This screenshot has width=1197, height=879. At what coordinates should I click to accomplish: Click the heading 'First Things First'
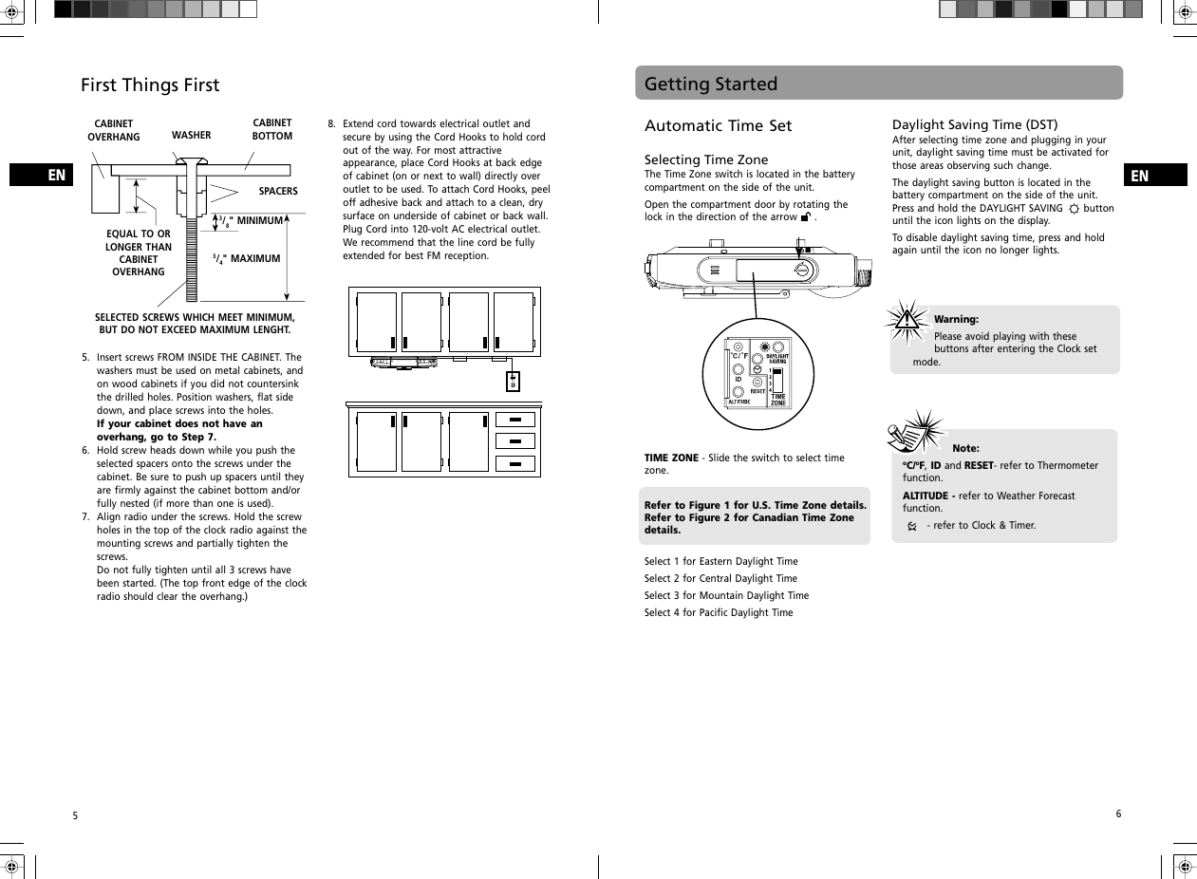coord(150,85)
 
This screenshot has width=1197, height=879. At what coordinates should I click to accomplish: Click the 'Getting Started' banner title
coord(711,84)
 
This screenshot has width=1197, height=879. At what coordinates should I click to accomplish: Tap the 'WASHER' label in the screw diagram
coord(191,136)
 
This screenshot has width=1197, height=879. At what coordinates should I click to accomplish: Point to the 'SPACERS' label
coord(278,192)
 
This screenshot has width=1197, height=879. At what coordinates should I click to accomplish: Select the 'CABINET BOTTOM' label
coord(271,130)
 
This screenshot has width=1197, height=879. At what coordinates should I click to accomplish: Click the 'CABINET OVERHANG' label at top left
coord(114,131)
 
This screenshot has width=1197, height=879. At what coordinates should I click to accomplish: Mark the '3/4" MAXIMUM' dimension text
coord(247,258)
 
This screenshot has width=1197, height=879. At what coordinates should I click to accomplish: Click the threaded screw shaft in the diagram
coord(193,256)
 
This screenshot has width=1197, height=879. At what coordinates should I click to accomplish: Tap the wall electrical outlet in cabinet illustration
coord(513,381)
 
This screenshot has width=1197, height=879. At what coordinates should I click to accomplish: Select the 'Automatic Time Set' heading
coord(718,126)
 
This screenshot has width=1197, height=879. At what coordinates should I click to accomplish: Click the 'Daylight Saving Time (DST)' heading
coord(975,124)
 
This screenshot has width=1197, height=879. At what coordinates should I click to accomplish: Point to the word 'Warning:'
coord(956,320)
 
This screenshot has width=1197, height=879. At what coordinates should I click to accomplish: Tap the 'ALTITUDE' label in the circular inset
coord(739,402)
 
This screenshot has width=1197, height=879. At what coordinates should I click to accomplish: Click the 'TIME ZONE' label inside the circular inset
coord(778,400)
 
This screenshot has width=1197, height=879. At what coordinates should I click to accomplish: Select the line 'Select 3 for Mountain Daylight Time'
coord(726,596)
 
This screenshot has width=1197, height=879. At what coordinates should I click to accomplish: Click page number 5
coord(75,816)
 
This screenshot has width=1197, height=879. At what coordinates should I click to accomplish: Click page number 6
coord(1118,814)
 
